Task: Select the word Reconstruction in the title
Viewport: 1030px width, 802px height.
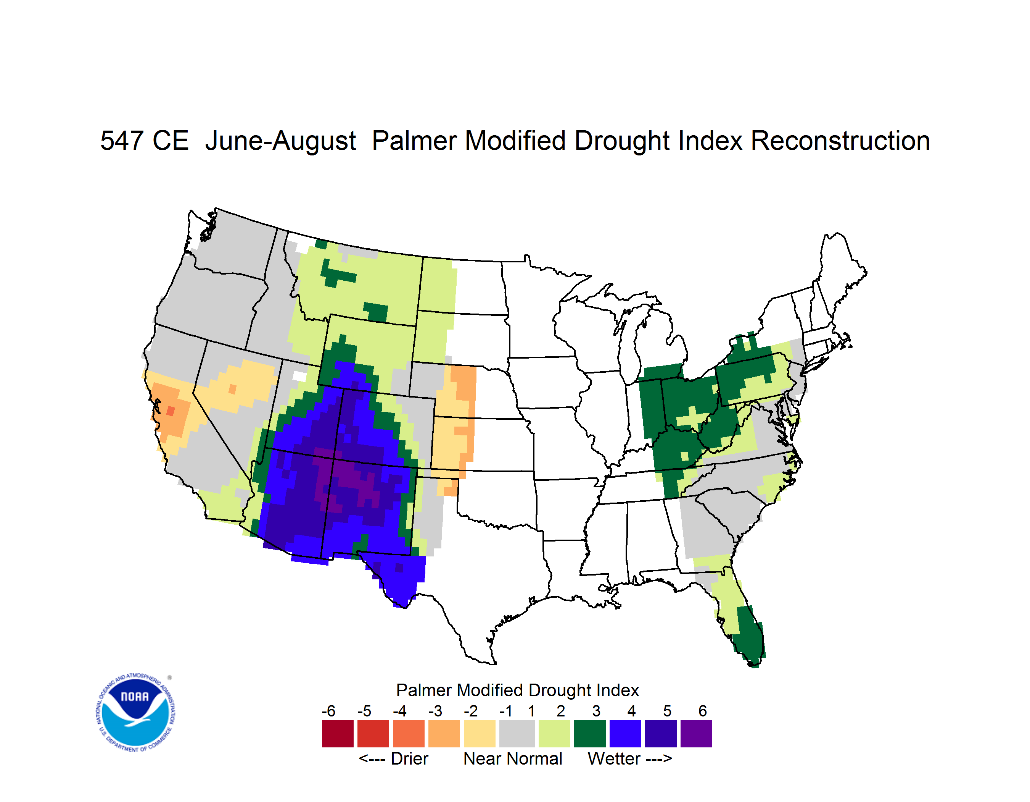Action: click(840, 141)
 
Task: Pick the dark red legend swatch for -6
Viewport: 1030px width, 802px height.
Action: click(338, 734)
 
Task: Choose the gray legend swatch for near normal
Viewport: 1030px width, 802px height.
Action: click(517, 734)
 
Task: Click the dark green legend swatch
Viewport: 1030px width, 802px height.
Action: click(589, 734)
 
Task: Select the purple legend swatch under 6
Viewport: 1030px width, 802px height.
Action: click(696, 734)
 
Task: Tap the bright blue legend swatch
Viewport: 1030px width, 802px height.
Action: click(625, 734)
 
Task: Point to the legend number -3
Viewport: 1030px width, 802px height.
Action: click(435, 711)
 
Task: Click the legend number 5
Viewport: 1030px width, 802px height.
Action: click(667, 711)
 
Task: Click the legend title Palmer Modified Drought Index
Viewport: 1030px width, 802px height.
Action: click(517, 690)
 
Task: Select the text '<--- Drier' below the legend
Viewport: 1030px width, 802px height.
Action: click(393, 758)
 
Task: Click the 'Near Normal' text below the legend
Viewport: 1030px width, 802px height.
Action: click(513, 758)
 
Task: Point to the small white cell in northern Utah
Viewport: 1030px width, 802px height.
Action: click(299, 376)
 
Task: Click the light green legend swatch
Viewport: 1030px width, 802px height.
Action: click(554, 734)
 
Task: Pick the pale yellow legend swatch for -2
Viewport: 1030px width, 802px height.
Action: click(480, 734)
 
